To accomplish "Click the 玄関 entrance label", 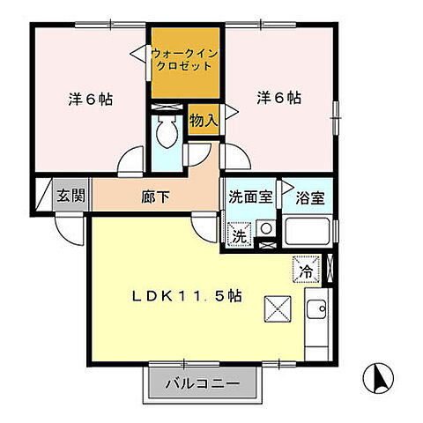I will coord(71,196).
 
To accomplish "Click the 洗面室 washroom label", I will coord(250,197).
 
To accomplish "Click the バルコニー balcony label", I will coord(204,384).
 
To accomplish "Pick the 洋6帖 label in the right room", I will coord(279,98).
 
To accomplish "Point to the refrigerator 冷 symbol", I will coord(305,270).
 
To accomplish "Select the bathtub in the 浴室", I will coord(308,234).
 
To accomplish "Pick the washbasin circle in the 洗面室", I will coord(265,231).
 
